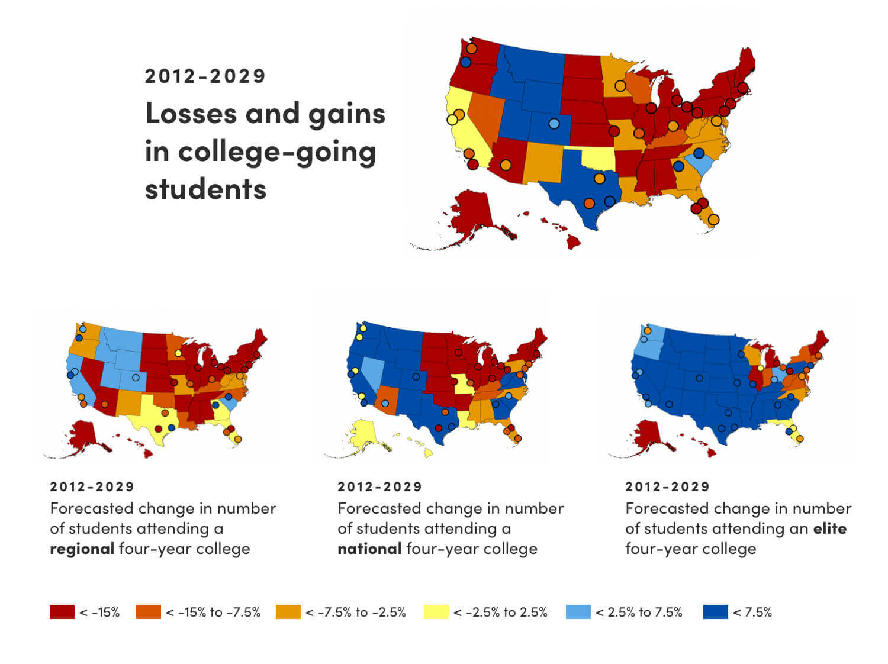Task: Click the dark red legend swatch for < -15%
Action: (62, 612)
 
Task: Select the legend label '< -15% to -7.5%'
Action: (213, 612)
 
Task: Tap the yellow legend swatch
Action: (436, 612)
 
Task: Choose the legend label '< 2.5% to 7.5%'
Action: (639, 612)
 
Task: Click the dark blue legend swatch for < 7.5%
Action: (715, 612)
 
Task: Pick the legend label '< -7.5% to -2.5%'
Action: (356, 612)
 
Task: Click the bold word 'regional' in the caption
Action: (82, 549)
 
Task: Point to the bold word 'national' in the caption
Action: (369, 549)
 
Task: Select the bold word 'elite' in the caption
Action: (829, 528)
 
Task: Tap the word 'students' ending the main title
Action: (205, 189)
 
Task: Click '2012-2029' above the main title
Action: (205, 76)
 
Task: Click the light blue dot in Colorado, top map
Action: (554, 124)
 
